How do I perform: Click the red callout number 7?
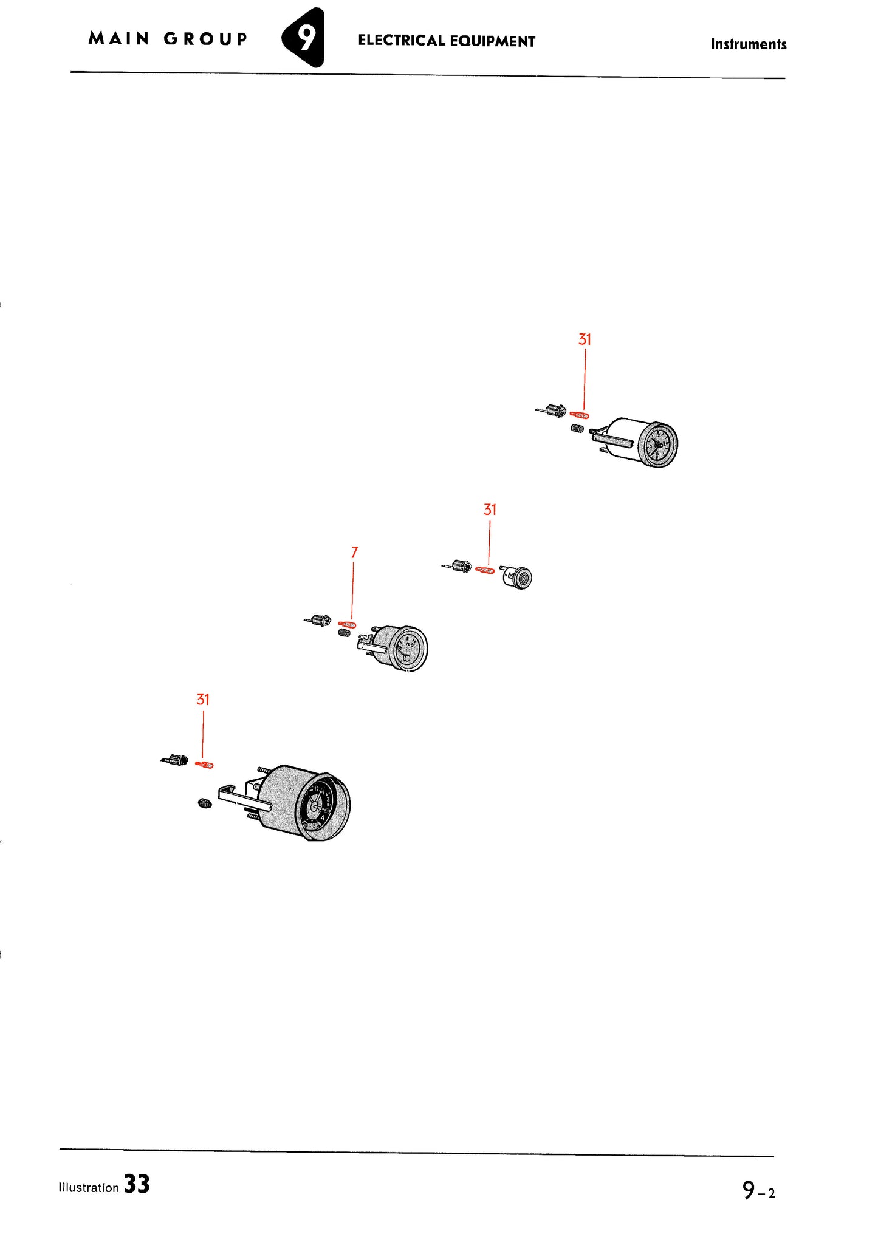tap(354, 552)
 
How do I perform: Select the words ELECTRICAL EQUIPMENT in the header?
tap(447, 41)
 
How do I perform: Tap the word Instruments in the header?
tap(748, 44)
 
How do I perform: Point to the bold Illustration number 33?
tap(137, 1185)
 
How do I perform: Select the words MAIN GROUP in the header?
tap(168, 39)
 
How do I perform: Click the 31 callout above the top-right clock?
tap(585, 339)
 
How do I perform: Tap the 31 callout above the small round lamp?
tap(490, 510)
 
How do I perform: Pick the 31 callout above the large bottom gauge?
tap(203, 700)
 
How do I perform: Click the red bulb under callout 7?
tap(348, 624)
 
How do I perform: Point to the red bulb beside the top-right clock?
tap(580, 415)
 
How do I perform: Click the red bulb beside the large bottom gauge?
tap(205, 765)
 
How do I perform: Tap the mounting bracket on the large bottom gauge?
tap(243, 797)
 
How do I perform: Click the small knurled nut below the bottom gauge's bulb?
tap(204, 804)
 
